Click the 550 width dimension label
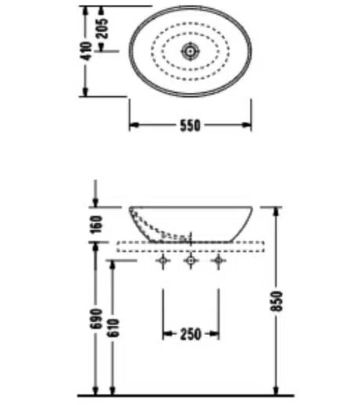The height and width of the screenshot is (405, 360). click(x=190, y=126)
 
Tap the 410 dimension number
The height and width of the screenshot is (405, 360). click(x=86, y=52)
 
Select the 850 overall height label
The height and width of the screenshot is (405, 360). click(x=277, y=301)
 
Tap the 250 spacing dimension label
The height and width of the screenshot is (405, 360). click(x=190, y=334)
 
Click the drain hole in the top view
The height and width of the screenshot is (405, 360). click(x=190, y=51)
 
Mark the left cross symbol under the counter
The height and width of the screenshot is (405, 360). click(x=163, y=261)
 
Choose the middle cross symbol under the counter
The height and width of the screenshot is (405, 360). click(x=190, y=261)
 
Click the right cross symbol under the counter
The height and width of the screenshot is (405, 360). click(x=218, y=261)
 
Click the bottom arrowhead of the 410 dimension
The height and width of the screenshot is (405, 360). click(x=85, y=92)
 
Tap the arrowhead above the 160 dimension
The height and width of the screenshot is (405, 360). click(x=96, y=202)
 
